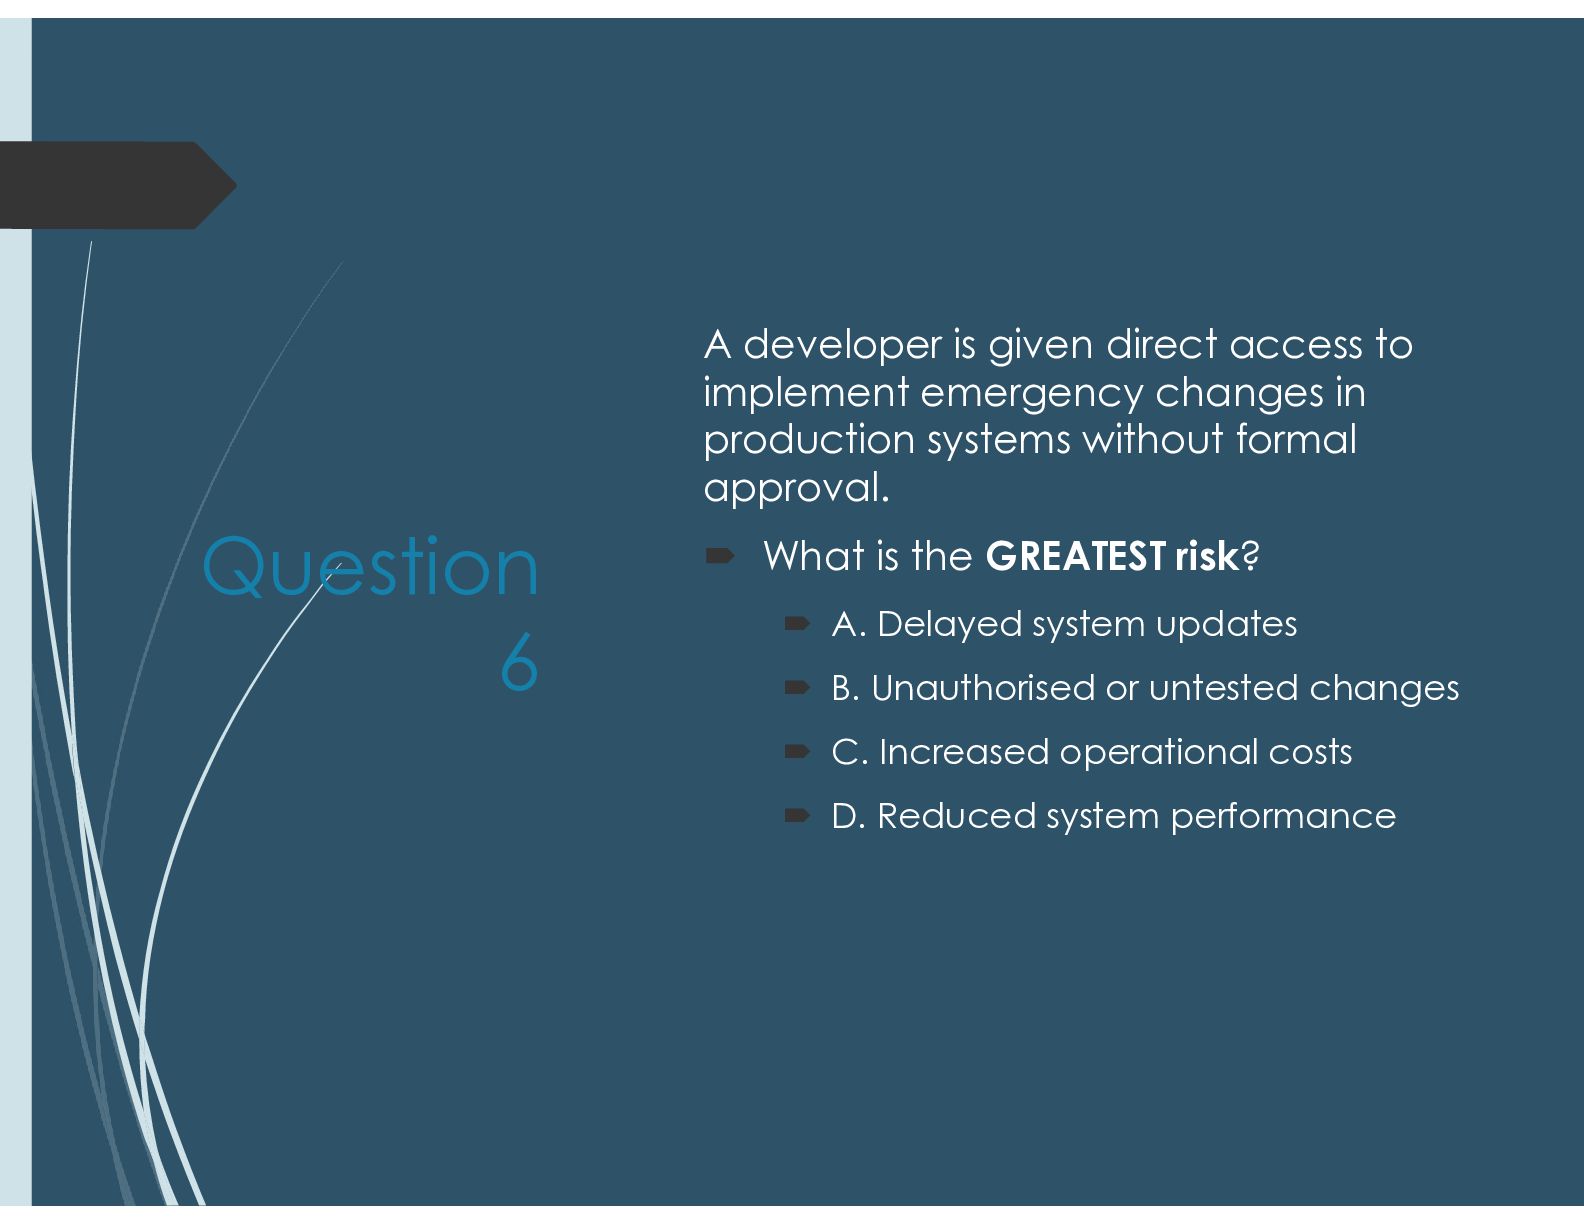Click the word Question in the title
[x=370, y=569]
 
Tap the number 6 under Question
[x=519, y=662]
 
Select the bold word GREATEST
[x=1075, y=556]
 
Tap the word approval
[x=797, y=488]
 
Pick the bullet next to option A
[x=797, y=623]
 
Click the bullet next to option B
[x=797, y=687]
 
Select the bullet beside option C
[x=797, y=752]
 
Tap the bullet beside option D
[x=797, y=815]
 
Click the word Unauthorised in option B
[x=983, y=687]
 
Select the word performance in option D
[x=1283, y=817]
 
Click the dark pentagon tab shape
[x=117, y=185]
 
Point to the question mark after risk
[x=1249, y=556]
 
